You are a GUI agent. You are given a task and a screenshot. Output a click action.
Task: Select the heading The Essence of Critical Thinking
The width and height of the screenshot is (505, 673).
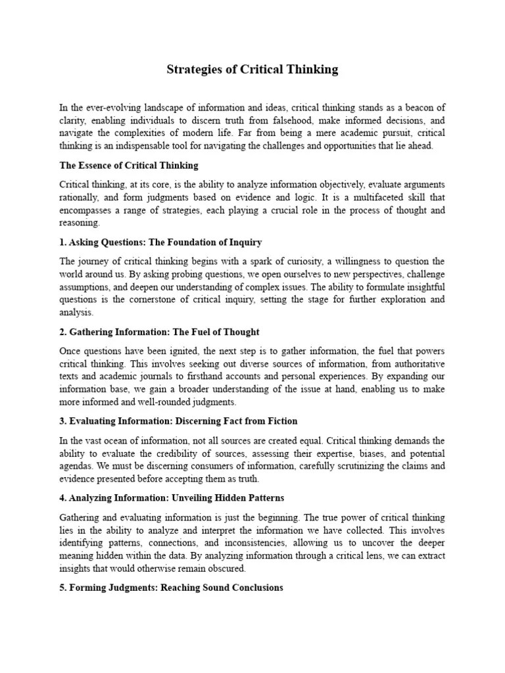[129, 166]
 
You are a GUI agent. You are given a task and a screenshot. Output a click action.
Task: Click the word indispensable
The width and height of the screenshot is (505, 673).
[139, 146]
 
